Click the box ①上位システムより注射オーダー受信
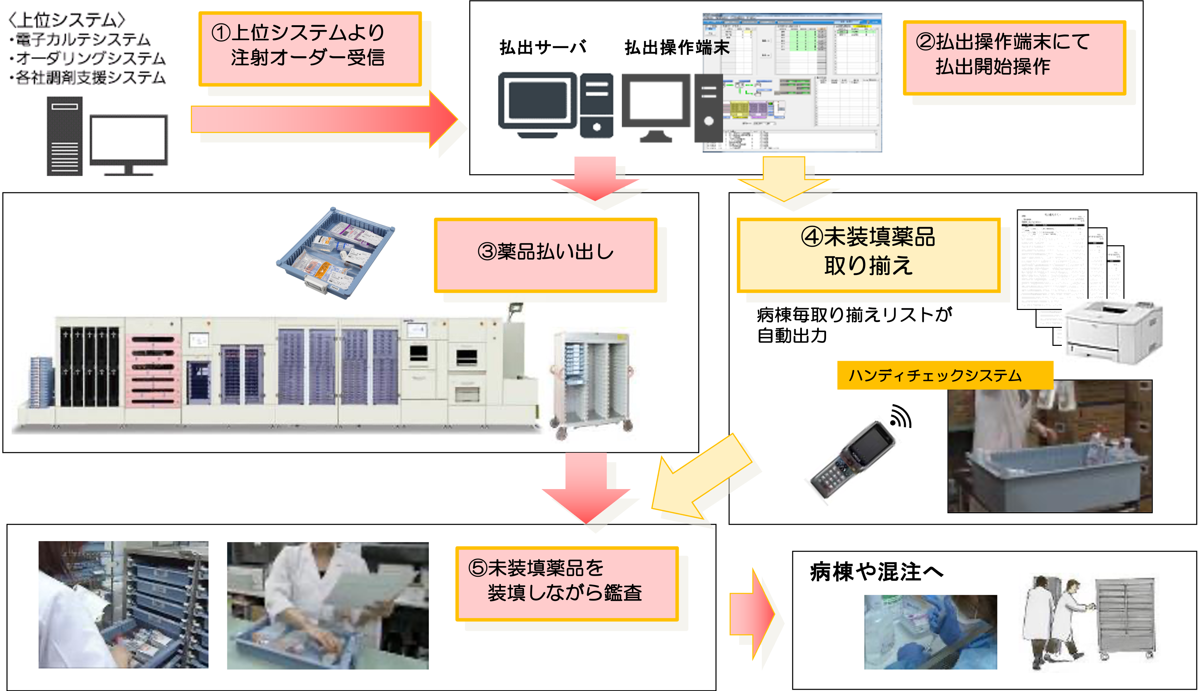[x=309, y=48]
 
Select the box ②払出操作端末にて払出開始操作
[x=1014, y=57]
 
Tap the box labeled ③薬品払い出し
[x=545, y=254]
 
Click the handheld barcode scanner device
[x=853, y=460]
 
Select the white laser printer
[x=1113, y=332]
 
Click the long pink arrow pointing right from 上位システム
[x=323, y=119]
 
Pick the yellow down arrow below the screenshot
[x=784, y=180]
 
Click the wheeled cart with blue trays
[x=591, y=385]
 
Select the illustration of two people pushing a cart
[x=1089, y=622]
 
